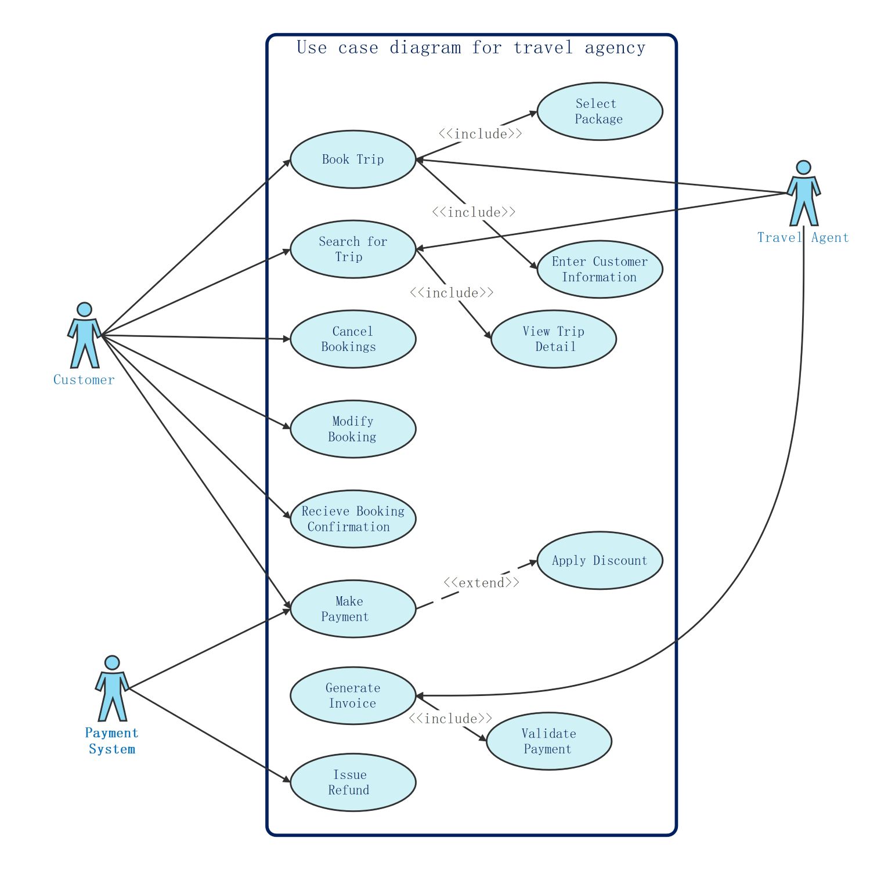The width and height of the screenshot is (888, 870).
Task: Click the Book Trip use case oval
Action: coord(353,159)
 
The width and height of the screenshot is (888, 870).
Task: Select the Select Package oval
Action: coord(600,111)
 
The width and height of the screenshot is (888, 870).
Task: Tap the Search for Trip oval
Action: coord(353,249)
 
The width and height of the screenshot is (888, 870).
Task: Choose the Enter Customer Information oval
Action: coord(600,270)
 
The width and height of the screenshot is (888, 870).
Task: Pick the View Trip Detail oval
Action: coord(554,339)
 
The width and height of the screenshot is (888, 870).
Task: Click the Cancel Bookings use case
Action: coord(353,339)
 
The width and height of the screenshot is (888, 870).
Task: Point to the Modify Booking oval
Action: coord(353,429)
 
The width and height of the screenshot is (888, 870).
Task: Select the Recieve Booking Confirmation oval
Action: coord(353,519)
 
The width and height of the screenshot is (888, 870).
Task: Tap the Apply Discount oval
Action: coord(600,561)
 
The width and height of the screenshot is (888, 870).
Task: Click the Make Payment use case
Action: coord(353,609)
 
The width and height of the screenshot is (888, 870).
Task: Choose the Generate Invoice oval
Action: coord(353,696)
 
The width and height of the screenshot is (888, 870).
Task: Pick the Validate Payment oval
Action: coord(548,741)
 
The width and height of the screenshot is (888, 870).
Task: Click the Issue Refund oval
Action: coord(353,783)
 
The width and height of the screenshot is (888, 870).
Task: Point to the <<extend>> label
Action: coord(481,582)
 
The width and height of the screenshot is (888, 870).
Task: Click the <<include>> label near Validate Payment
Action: coord(450,718)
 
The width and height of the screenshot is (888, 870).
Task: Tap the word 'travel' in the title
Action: coord(543,48)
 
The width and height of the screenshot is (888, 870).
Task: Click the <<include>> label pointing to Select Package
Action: coord(480,133)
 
